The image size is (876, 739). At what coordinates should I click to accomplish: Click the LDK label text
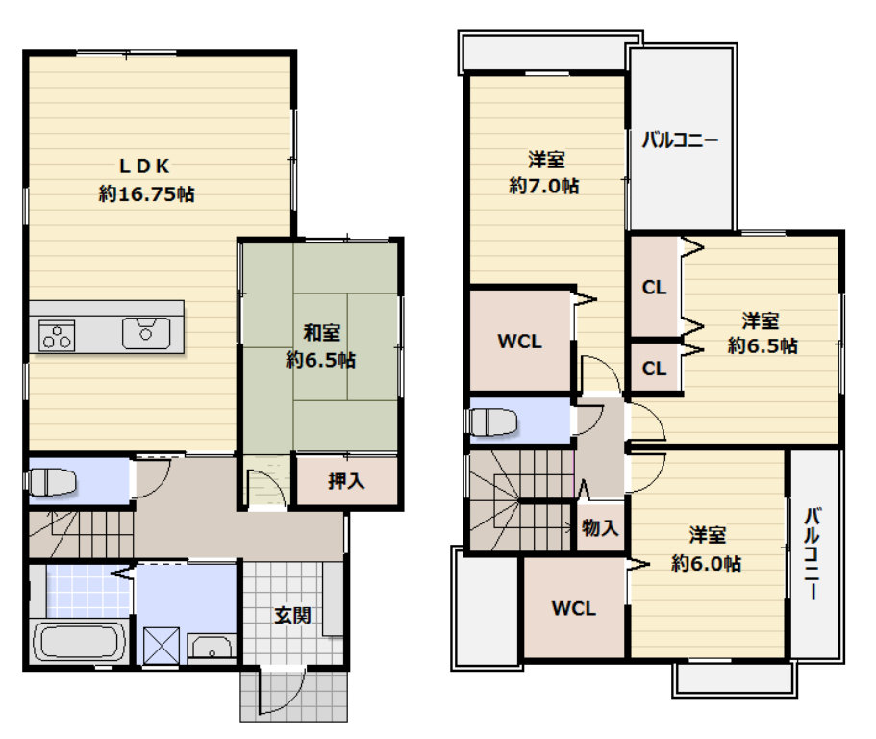144,166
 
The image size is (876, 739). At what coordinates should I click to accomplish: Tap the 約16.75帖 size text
147,194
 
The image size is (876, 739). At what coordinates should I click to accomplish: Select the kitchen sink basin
146,333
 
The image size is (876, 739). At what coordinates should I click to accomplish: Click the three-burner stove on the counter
57,336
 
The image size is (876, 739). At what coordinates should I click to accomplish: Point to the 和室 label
321,333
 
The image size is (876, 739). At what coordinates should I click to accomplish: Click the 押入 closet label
346,481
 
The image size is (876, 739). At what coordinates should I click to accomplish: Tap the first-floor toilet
52,482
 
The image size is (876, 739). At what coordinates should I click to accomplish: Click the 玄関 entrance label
292,616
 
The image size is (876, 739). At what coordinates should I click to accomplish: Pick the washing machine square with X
161,647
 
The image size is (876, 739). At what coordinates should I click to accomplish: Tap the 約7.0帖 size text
543,186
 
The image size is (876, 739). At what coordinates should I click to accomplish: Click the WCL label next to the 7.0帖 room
519,342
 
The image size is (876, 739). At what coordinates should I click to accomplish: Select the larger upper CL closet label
654,288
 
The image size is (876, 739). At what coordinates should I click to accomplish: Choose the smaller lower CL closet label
654,369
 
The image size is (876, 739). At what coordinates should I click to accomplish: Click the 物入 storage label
600,527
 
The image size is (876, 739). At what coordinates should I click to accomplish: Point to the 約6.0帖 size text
706,563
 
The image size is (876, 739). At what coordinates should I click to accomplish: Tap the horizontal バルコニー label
680,140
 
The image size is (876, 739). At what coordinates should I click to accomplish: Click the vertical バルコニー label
812,553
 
